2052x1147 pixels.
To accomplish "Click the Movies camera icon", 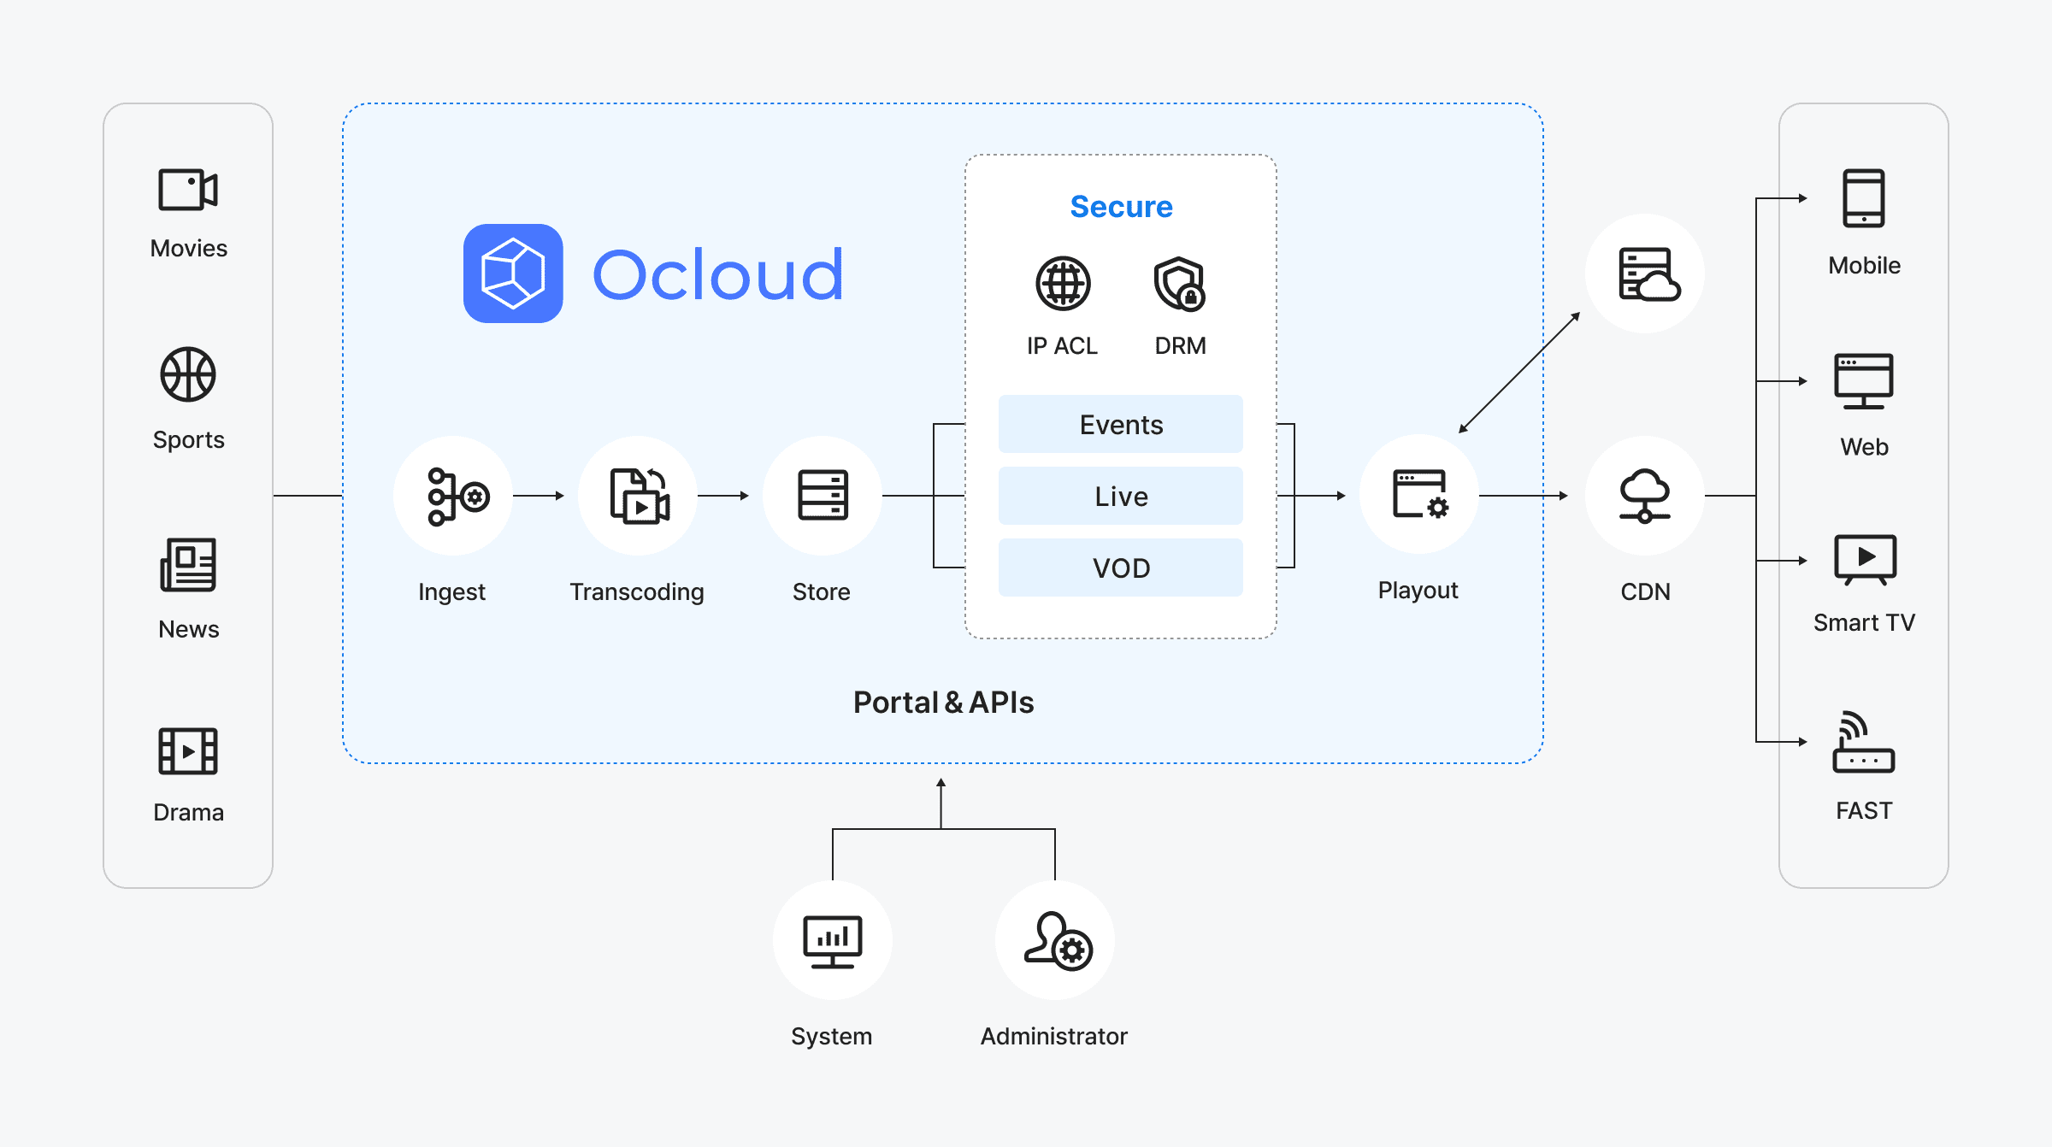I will [188, 189].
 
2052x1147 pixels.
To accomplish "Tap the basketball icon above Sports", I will [188, 374].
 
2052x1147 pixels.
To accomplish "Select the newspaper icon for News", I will [188, 564].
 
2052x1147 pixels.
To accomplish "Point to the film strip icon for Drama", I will [188, 751].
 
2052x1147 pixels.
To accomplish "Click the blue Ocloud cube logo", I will [513, 274].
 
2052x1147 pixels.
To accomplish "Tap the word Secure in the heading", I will [1121, 207].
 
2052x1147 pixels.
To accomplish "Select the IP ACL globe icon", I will [1063, 283].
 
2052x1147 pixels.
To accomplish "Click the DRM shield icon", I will [1180, 283].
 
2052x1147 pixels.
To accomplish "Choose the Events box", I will [1121, 424].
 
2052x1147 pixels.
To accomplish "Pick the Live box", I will [1121, 496].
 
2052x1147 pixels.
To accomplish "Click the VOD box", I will [1121, 568].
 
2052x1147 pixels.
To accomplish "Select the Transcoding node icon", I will [639, 496].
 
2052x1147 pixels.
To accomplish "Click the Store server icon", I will [823, 496].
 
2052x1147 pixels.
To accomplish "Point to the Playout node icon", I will [1419, 495].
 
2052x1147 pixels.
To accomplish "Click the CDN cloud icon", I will [1645, 496].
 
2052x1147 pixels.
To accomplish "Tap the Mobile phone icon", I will [1864, 198].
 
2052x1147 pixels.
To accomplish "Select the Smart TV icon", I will [1865, 560].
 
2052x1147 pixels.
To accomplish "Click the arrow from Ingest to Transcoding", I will [539, 496].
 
